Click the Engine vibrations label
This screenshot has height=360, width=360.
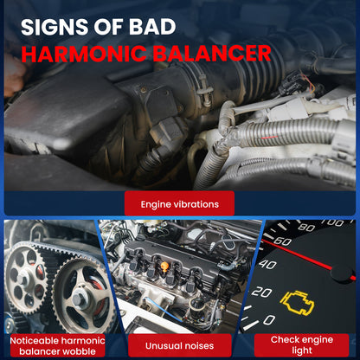pos(179,204)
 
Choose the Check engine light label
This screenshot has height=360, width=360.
pos(302,345)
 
